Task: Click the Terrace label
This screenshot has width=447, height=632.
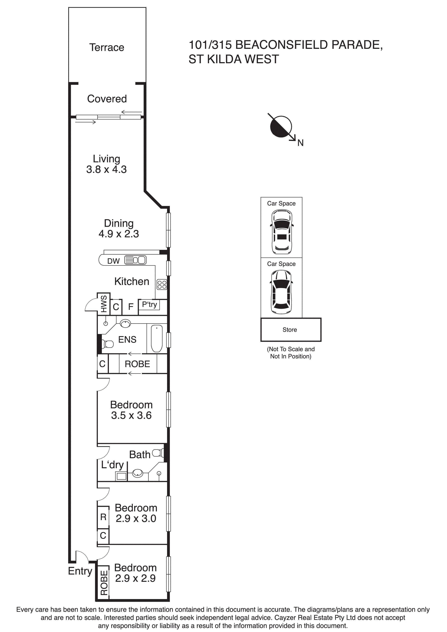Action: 107,47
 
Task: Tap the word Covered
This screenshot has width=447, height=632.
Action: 107,99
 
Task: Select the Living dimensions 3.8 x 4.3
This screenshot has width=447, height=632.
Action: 106,169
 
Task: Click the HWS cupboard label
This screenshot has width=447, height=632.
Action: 104,304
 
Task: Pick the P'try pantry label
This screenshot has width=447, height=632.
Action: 149,304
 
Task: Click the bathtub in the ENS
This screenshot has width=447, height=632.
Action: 157,339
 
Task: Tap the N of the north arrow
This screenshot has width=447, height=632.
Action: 300,143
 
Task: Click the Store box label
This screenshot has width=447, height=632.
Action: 290,330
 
